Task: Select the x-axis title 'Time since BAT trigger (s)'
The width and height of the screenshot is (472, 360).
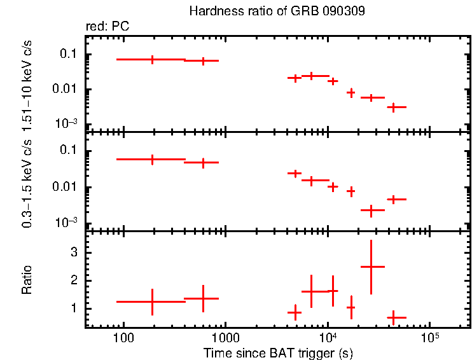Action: coord(278,352)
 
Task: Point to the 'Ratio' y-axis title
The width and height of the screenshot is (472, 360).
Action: coord(27,279)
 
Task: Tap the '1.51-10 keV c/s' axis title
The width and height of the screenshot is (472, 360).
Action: coord(27,83)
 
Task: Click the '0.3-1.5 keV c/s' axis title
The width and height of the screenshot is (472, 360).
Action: coord(27,181)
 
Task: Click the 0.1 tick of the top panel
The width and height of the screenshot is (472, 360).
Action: coord(68,55)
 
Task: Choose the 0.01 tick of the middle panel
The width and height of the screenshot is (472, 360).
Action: coord(66,187)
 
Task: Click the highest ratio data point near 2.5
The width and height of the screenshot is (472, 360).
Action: coord(371,267)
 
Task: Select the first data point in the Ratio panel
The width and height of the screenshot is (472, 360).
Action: coord(153,301)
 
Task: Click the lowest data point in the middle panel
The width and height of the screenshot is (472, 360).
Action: coord(371,210)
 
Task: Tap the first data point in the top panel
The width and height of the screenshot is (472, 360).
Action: coord(153,59)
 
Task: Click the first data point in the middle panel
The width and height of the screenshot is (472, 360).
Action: coord(153,159)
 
